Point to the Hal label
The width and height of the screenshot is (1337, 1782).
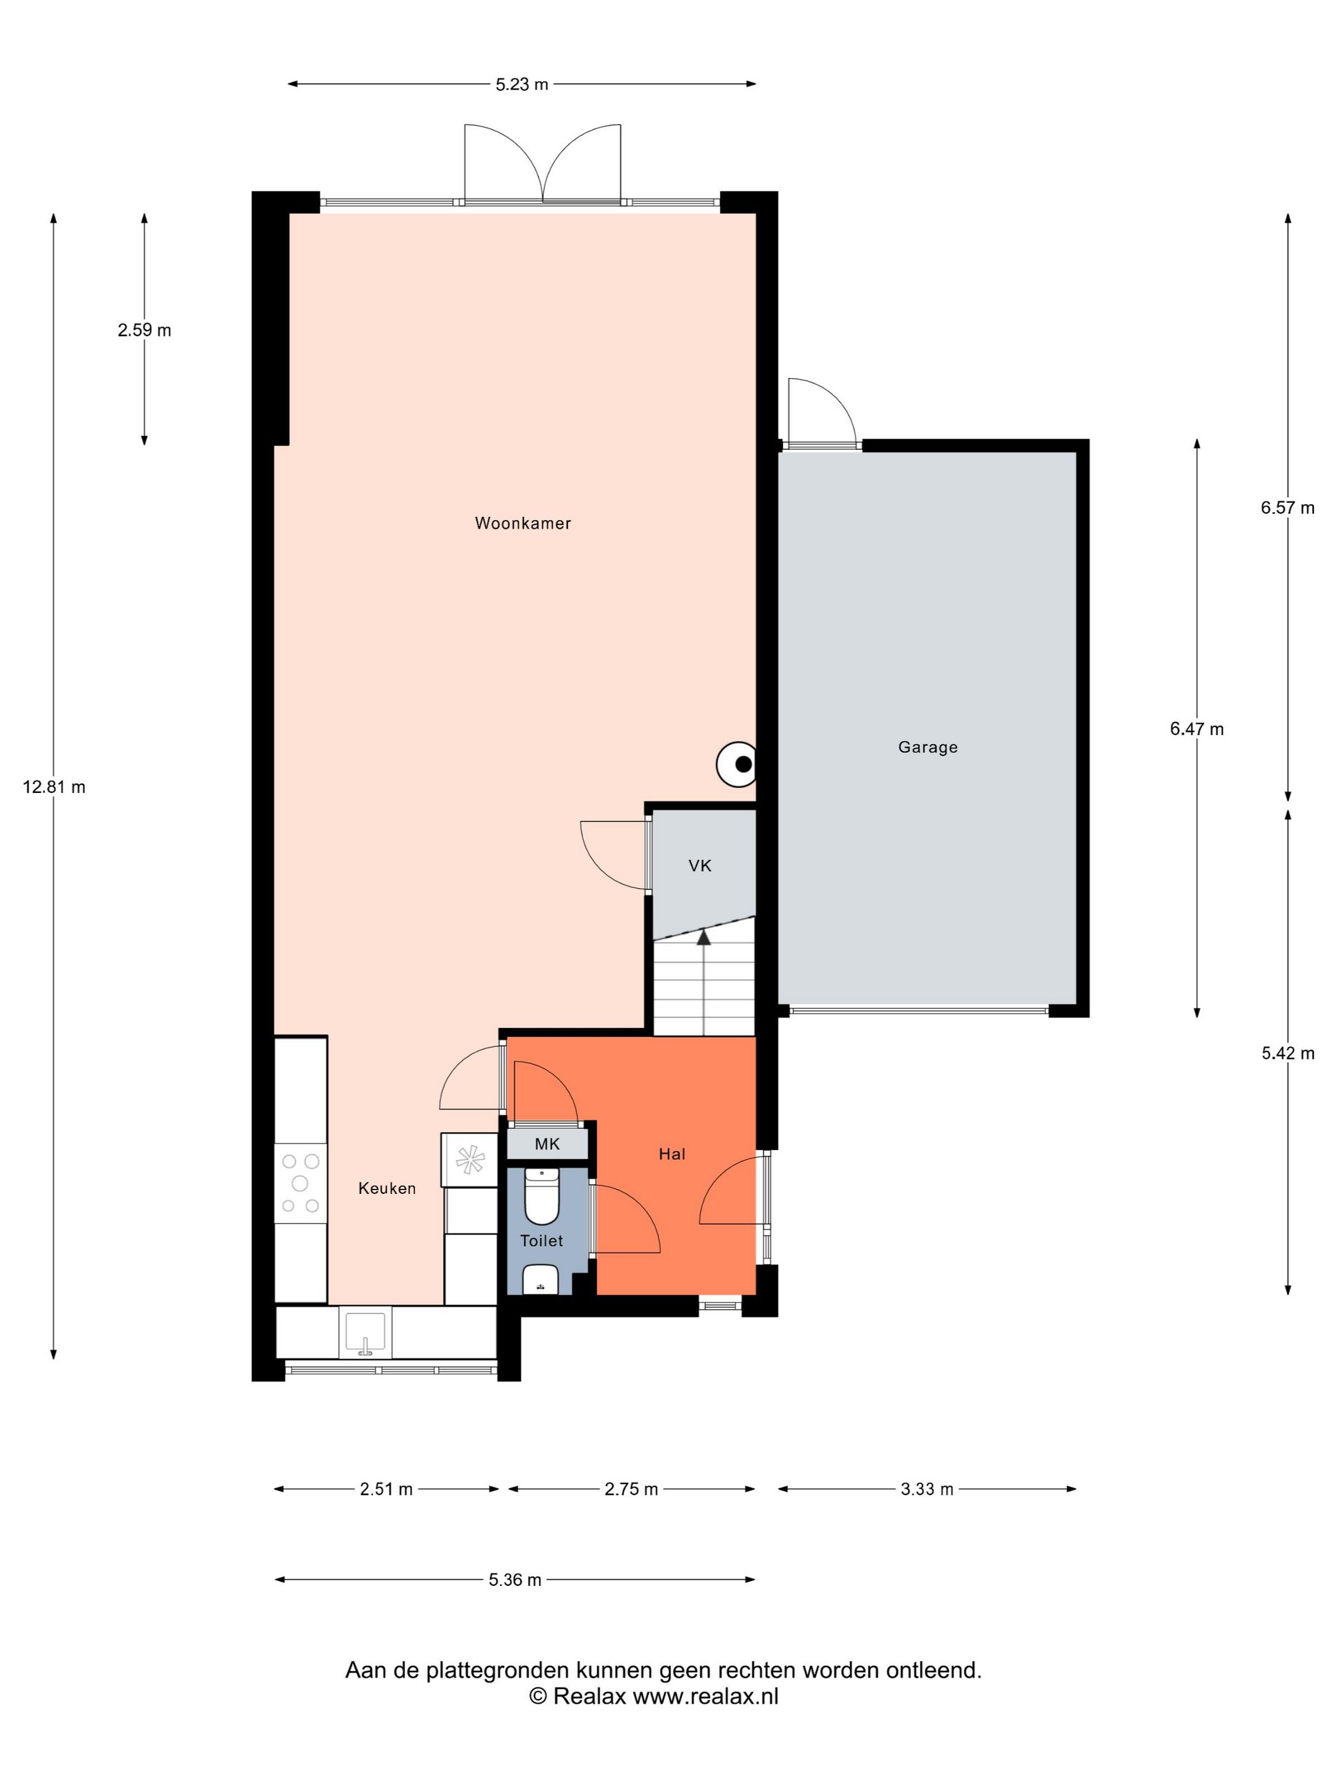(671, 1154)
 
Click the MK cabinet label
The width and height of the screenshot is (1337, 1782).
(546, 1144)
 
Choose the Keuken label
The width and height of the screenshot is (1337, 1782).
(387, 1188)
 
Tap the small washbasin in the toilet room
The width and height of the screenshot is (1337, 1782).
(541, 1279)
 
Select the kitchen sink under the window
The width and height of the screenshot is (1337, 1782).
(367, 1333)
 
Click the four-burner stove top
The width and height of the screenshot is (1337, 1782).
(300, 1183)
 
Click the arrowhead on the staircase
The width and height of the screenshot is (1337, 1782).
(704, 937)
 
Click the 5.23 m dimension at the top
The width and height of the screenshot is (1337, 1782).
(521, 85)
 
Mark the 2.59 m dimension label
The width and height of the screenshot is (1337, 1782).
(145, 330)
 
